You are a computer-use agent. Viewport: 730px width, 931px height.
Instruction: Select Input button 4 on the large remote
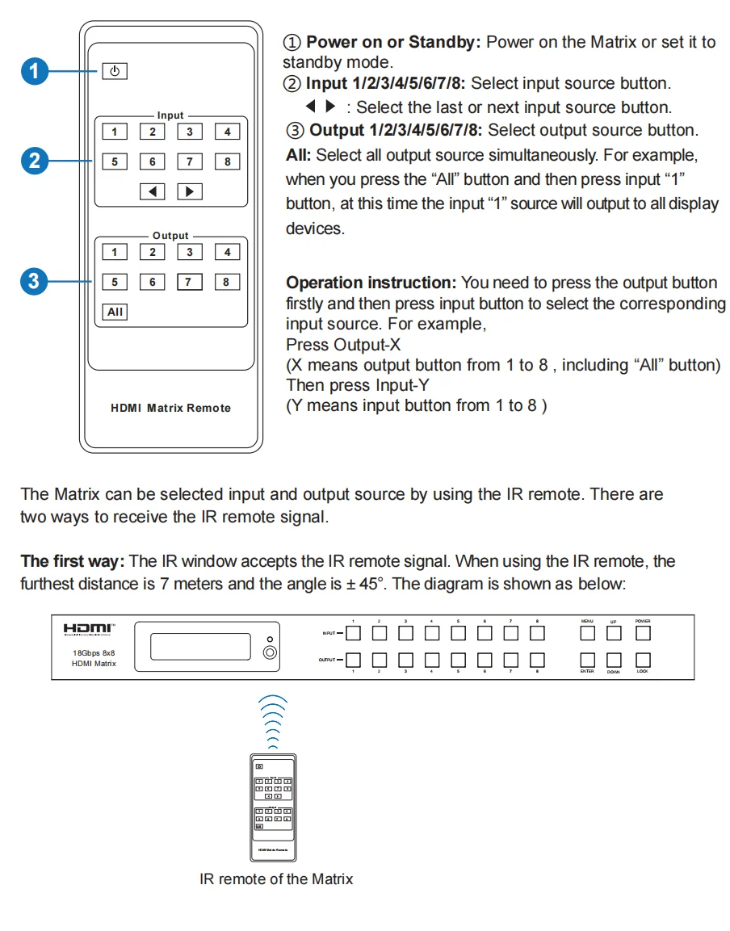pos(227,132)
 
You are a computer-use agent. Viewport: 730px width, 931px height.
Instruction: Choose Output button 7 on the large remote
pos(189,282)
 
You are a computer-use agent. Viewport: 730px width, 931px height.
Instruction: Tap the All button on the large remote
pos(115,312)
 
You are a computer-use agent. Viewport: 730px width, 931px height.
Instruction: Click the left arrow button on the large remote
pos(152,191)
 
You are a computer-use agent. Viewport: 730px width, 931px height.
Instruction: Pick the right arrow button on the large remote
pos(189,191)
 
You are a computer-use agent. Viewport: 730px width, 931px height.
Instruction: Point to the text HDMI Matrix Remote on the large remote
pos(170,408)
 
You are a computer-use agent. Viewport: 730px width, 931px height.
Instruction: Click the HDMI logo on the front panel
pos(89,628)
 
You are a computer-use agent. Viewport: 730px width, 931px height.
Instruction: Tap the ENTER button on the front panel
pos(587,659)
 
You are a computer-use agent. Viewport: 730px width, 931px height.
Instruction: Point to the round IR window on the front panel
pos(271,652)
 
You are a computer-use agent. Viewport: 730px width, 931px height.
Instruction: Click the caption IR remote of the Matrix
pos(276,879)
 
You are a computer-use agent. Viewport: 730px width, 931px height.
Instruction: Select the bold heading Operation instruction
pos(371,283)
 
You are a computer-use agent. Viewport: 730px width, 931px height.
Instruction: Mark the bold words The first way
pos(72,560)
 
